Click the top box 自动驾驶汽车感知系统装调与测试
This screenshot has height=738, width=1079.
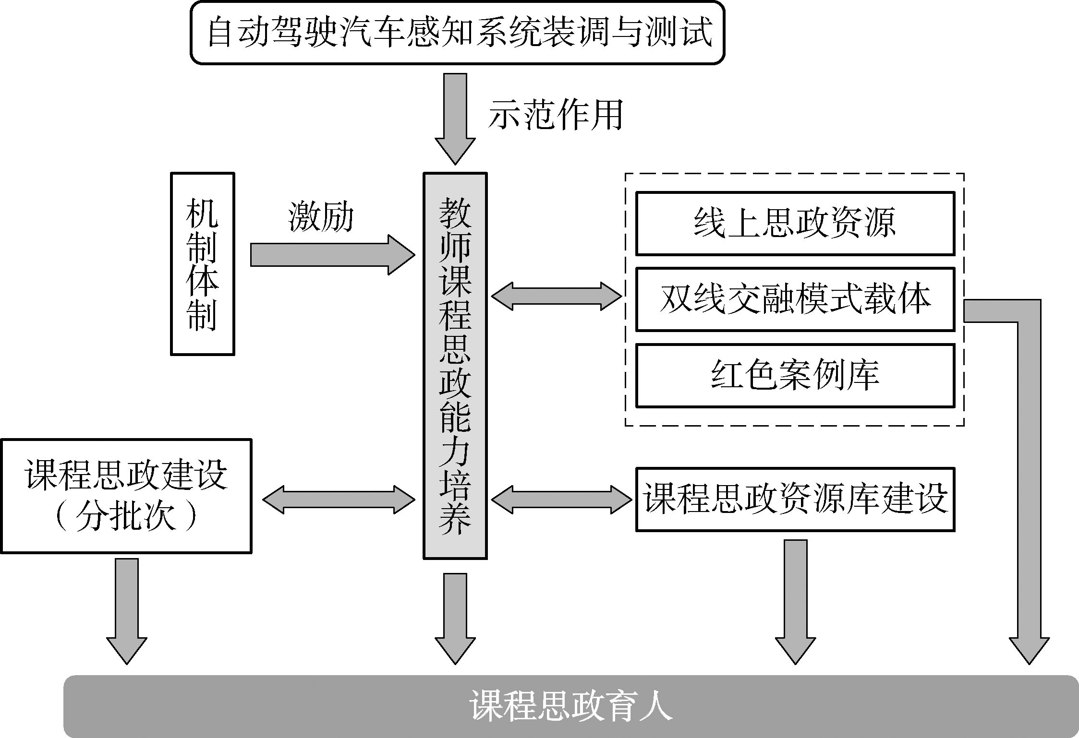pos(457,33)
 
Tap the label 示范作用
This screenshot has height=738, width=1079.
pos(556,115)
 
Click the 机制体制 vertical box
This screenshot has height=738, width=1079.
pos(202,264)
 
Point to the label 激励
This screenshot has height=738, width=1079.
pos(321,217)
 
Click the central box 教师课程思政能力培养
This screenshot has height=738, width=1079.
pos(455,366)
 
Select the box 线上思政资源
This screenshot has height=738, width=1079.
pos(795,223)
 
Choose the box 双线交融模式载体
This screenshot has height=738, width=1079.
pos(795,299)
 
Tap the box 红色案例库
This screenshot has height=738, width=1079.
pos(795,375)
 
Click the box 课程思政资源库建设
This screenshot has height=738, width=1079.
pos(795,499)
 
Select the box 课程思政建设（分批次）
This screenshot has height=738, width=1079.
pos(126,496)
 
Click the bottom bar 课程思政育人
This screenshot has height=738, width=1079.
pos(570,706)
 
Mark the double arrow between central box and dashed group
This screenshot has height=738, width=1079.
pos(557,296)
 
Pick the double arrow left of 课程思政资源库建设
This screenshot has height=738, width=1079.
pos(561,500)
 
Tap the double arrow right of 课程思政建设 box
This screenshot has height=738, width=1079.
pos(339,500)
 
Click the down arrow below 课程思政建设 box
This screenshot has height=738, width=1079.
pos(127,610)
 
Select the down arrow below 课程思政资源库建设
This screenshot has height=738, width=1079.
pos(795,601)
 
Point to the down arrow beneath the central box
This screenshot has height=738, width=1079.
pos(455,618)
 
